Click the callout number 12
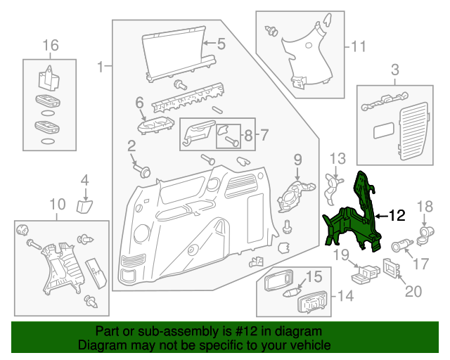point(397,216)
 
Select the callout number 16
point(50,46)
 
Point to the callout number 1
point(101,67)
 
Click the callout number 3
point(394,69)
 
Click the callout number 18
point(426,206)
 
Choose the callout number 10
point(57,205)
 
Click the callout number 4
point(84,181)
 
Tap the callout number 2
point(131,146)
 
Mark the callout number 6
point(139,103)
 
